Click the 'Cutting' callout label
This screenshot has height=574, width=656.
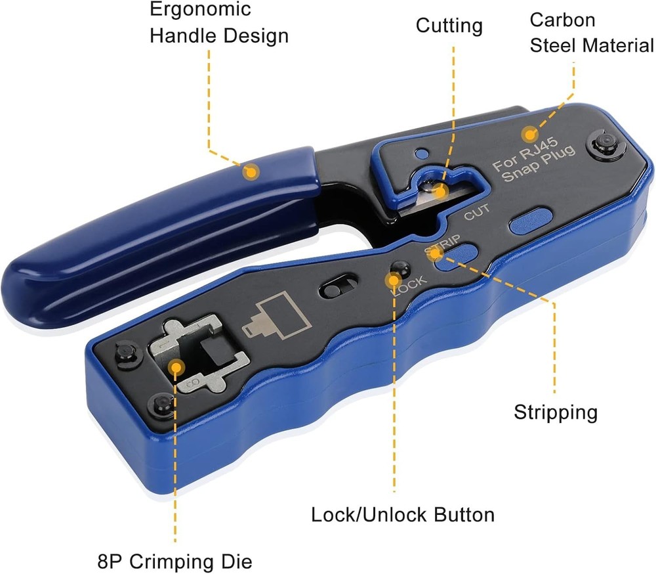tap(449, 26)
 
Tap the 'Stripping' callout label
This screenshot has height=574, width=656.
tap(555, 412)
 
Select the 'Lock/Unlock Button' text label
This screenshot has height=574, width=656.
tap(403, 514)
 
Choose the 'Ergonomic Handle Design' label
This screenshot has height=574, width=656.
tap(218, 22)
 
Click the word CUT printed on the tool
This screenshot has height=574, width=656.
tap(477, 213)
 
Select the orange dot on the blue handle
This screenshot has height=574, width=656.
tap(250, 172)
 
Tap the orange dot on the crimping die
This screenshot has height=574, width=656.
tap(175, 366)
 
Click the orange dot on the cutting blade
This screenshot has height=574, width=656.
tap(441, 191)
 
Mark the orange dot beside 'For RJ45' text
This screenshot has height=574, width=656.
tap(528, 135)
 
